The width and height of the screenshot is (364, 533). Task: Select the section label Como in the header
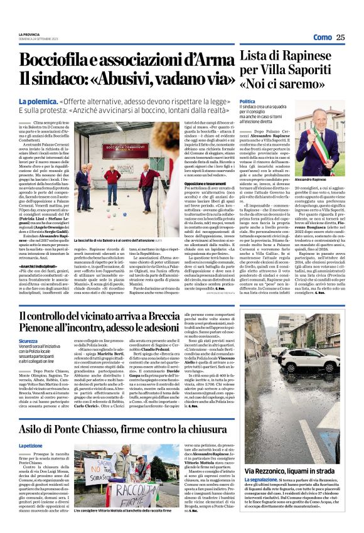pyautogui.click(x=322, y=38)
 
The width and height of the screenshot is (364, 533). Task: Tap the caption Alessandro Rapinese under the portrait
pyautogui.click(x=321, y=180)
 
